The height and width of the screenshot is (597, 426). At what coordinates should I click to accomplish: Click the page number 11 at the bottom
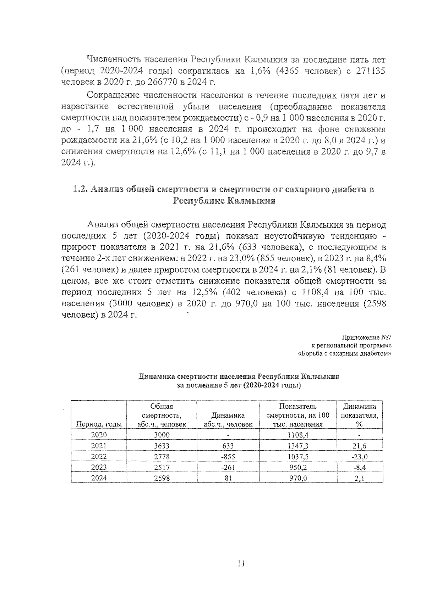click(241, 564)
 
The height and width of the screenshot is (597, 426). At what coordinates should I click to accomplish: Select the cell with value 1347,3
click(298, 446)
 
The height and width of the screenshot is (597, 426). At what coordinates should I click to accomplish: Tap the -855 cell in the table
click(228, 457)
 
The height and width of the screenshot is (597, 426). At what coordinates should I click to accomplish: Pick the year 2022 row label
click(99, 457)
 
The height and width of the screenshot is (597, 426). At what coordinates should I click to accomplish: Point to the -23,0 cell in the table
click(359, 457)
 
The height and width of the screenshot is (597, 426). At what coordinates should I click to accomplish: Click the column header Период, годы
click(99, 424)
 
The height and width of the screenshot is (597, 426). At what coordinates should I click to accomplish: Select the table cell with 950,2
click(298, 467)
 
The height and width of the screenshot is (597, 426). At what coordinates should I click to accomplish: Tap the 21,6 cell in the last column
click(359, 446)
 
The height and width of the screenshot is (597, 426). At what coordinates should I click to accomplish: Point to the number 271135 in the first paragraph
click(368, 71)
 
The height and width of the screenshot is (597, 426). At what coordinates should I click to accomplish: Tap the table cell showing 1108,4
click(298, 435)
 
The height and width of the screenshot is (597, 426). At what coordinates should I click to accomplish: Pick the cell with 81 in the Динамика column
click(228, 478)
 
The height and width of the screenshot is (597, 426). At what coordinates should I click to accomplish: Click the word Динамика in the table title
click(156, 376)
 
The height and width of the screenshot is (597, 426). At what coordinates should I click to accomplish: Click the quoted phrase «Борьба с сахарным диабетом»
click(344, 353)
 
